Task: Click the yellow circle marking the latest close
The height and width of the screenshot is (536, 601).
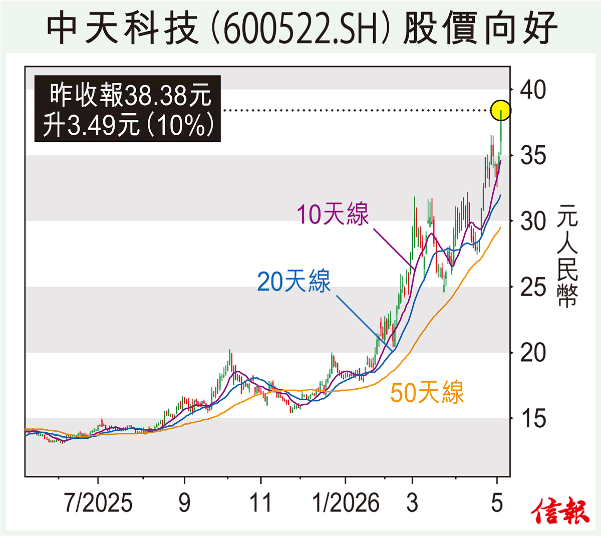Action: pos(501,110)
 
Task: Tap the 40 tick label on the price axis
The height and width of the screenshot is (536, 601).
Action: pos(533,90)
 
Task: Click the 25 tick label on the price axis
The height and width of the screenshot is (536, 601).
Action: pos(533,287)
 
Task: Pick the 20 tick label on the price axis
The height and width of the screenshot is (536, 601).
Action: pos(533,353)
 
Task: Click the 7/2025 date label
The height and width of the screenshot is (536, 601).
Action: pos(98,502)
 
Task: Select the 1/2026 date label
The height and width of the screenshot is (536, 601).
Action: pos(346,502)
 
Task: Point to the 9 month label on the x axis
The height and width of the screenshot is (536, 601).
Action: pos(184,502)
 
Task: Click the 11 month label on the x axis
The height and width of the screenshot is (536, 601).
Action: pos(260,502)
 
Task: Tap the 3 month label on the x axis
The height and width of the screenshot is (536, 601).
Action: pos(412,502)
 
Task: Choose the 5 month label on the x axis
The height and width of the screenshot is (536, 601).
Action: pos(497,502)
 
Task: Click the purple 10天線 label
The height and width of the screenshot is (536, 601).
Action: pos(333,214)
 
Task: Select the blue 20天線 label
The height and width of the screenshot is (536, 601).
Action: pos(293,281)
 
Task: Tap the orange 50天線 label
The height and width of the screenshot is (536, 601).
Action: pos(427,392)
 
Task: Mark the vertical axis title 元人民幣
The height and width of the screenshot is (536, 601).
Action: pos(567,256)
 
